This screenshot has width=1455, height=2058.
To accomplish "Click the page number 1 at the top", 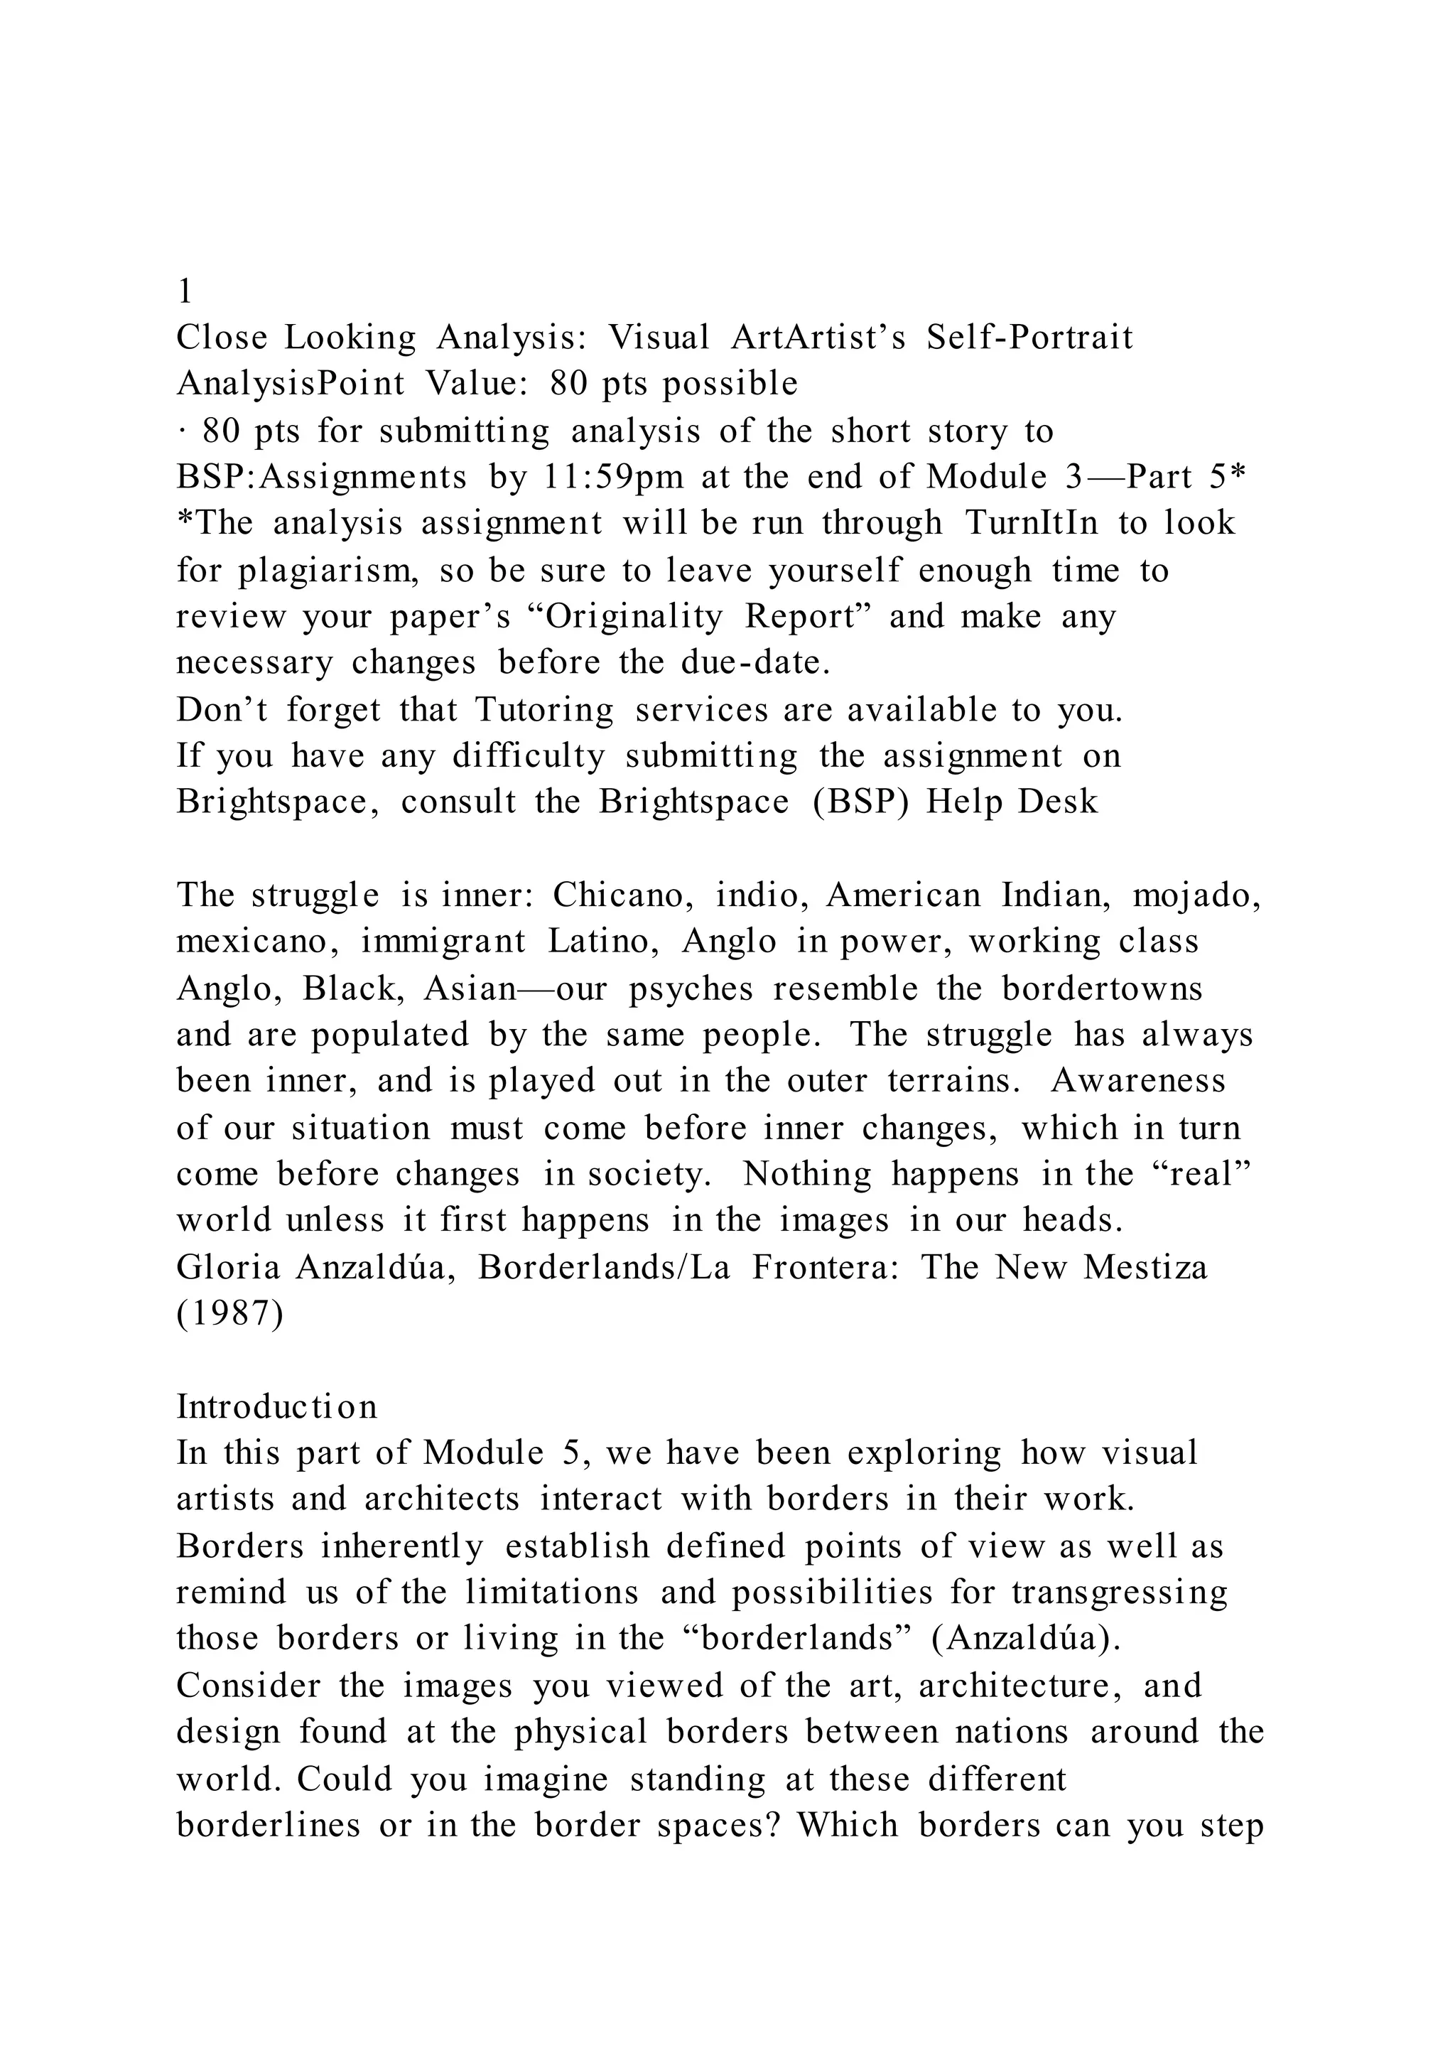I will click(x=185, y=291).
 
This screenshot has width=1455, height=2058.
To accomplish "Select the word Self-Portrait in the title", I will click(x=1029, y=338).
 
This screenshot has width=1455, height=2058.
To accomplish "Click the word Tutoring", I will click(x=543, y=710).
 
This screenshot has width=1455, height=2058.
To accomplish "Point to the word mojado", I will click(x=1197, y=895).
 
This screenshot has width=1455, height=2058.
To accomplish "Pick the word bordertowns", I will click(x=1101, y=988).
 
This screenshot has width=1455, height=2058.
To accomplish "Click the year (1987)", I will click(x=229, y=1314).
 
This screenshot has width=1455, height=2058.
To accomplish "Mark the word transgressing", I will click(x=1119, y=1593).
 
